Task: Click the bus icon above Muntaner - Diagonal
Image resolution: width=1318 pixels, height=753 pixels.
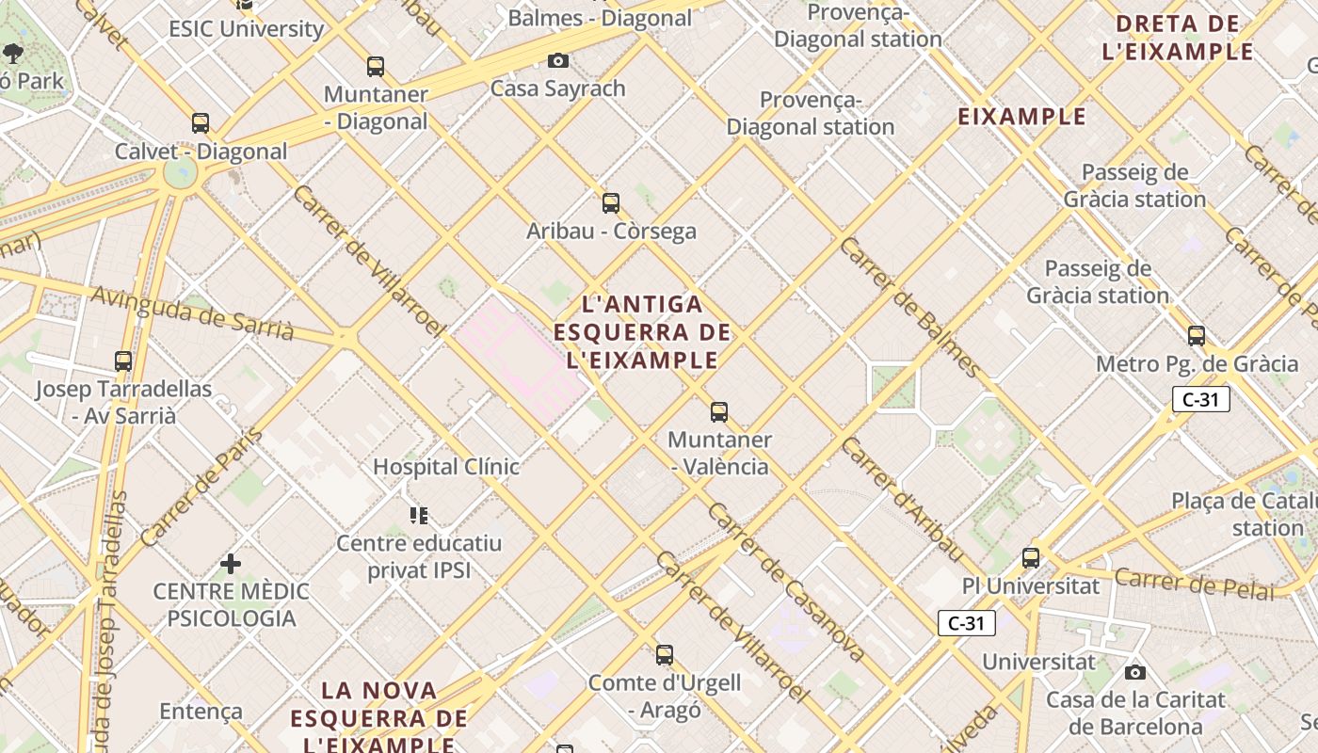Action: (376, 67)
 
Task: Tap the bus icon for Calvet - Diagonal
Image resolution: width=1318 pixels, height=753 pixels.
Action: (201, 123)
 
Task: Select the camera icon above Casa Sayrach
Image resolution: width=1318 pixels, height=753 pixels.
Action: (558, 61)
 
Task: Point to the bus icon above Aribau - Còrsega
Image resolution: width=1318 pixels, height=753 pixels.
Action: (611, 203)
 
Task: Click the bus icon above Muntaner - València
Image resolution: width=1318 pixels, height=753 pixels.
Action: (719, 412)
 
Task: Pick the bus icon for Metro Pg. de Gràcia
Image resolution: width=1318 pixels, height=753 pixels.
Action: (1197, 336)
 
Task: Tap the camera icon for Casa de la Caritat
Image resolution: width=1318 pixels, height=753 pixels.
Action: (1135, 672)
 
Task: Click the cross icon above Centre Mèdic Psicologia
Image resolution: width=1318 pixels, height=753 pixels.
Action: (231, 564)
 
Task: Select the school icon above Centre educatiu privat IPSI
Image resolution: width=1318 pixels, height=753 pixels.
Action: (419, 515)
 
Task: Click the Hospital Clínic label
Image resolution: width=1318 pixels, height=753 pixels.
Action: (446, 467)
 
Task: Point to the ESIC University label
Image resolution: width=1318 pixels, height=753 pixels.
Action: (247, 29)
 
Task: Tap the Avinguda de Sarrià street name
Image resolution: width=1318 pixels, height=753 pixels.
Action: (193, 312)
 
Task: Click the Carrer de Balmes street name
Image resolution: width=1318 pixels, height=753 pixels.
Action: (910, 307)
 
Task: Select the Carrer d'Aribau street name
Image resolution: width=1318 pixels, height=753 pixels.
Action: (903, 499)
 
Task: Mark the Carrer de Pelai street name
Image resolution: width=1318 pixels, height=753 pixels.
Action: (1194, 584)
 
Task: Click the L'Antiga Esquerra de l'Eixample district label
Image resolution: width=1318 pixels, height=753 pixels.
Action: (643, 331)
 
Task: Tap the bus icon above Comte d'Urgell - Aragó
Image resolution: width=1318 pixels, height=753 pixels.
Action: (665, 655)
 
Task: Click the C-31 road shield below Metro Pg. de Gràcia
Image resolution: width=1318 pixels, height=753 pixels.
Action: (1201, 399)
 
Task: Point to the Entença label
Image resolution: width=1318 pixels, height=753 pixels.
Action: (201, 712)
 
